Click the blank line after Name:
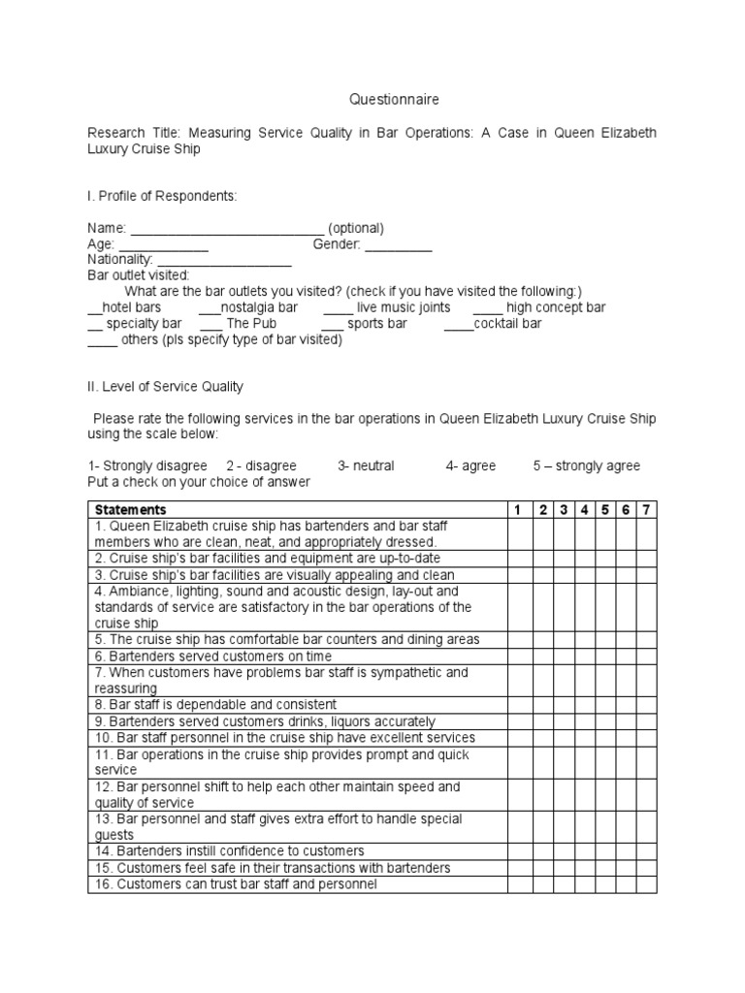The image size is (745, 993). point(227,229)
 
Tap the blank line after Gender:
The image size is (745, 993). point(399,245)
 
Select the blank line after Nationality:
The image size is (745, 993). point(224,261)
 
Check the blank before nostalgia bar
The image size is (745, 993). point(211,308)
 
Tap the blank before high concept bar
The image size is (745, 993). point(488,308)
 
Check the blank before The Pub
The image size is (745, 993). point(212,324)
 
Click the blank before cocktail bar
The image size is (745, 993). point(459,324)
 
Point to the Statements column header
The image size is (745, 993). point(130,509)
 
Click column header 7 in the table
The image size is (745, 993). point(647,509)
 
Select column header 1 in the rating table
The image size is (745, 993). point(517,509)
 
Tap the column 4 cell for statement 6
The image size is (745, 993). point(585,656)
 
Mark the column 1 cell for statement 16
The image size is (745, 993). point(517,884)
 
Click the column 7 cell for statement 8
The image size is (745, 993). point(647,705)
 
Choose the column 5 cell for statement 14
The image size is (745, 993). point(606,851)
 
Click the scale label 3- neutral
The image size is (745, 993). point(366,465)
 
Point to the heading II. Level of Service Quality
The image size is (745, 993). point(165,386)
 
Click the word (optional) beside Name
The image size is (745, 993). point(356,229)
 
